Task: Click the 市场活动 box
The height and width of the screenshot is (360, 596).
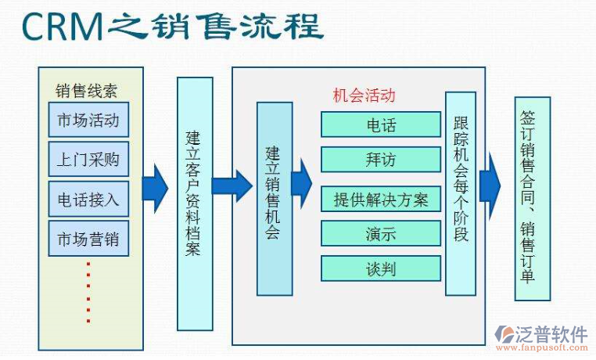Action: coord(88,121)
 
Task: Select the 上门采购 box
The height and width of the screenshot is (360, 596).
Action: coord(88,160)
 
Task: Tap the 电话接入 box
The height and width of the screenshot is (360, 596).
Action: coord(88,199)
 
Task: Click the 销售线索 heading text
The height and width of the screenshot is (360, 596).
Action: coord(86,90)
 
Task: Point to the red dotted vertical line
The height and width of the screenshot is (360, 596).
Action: coord(88,291)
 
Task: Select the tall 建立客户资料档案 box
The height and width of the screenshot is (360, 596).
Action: coord(195,203)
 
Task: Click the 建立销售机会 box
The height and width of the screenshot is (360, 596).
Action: coord(274,198)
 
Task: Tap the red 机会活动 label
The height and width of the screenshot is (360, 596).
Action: coord(364,95)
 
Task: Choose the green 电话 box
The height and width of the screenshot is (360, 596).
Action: coord(381,125)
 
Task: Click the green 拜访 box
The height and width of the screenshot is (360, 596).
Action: coord(381,160)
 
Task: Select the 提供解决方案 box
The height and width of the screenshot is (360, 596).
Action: coord(381,199)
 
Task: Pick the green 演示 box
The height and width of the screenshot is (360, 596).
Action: coord(381,233)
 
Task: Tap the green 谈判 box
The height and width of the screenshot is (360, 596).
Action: coord(381,268)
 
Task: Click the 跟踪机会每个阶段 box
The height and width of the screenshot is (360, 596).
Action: coord(461,193)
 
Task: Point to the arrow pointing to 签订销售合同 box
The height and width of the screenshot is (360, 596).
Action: coord(490,185)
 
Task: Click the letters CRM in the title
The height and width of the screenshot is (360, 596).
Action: coord(63,27)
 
